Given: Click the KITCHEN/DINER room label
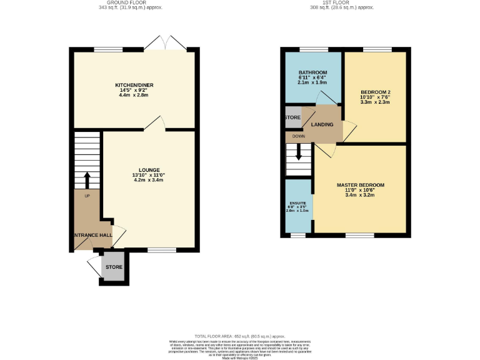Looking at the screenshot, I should tap(134, 85).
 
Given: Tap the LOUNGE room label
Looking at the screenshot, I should tap(149, 170).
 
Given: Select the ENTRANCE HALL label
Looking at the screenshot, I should tap(92, 236).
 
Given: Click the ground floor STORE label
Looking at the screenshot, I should tap(114, 267).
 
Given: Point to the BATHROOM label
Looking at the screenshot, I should tap(312, 72).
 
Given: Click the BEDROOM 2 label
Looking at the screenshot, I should tap(375, 92).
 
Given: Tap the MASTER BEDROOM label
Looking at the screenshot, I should tap(360, 186).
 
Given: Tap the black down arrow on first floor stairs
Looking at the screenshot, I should tap(298, 152).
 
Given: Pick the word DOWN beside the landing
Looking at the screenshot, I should tap(299, 136).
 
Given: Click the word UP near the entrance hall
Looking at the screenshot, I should tap(87, 196).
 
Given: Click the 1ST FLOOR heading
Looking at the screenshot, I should tap(335, 2).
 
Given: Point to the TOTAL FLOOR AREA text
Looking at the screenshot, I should tap(239, 337).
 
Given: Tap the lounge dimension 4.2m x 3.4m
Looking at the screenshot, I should tap(149, 181).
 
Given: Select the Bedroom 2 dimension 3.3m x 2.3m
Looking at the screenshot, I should tap(375, 102).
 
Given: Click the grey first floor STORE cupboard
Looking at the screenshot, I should tap(292, 117).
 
